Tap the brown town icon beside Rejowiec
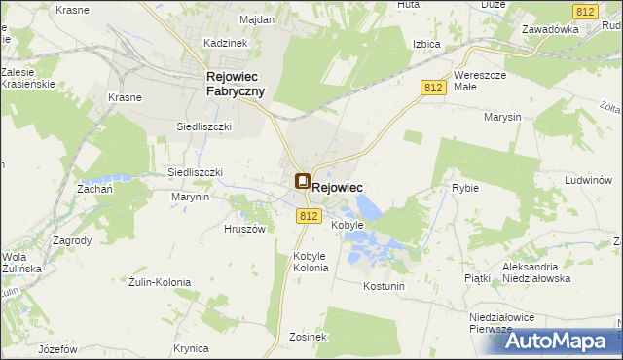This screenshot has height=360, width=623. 303,181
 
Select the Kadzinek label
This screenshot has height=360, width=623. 226,43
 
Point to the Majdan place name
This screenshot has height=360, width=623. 230,19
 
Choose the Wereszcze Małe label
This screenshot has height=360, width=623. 478,80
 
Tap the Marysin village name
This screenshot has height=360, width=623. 501,117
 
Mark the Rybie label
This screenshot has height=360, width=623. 465,188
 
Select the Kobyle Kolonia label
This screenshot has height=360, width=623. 311,262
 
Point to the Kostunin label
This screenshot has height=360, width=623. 383,287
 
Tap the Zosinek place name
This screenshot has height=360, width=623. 308,337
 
